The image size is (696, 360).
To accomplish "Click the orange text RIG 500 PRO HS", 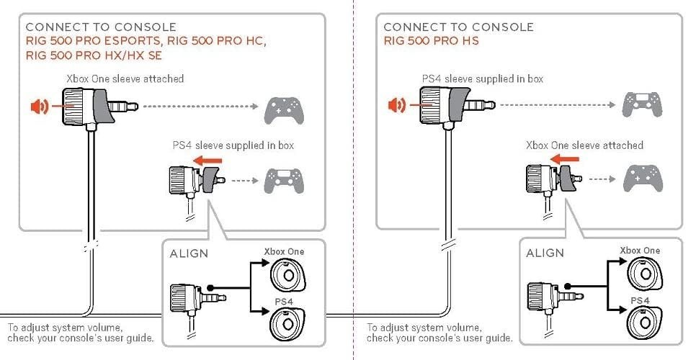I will point(431,41).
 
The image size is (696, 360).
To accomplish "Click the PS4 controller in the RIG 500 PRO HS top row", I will point(641,105).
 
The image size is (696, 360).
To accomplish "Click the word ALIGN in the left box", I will point(189,253).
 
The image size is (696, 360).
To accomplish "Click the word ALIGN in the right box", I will point(545,253).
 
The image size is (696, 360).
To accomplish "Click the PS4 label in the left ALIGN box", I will point(282,300).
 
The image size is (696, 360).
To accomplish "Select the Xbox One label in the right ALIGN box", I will point(640,251).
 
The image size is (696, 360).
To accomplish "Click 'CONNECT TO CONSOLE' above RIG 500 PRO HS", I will point(458,27).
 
